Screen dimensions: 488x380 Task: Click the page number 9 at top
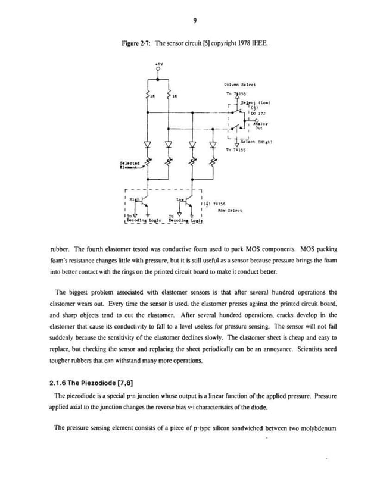tap(195, 23)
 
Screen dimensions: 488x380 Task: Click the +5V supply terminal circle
tap(157, 68)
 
